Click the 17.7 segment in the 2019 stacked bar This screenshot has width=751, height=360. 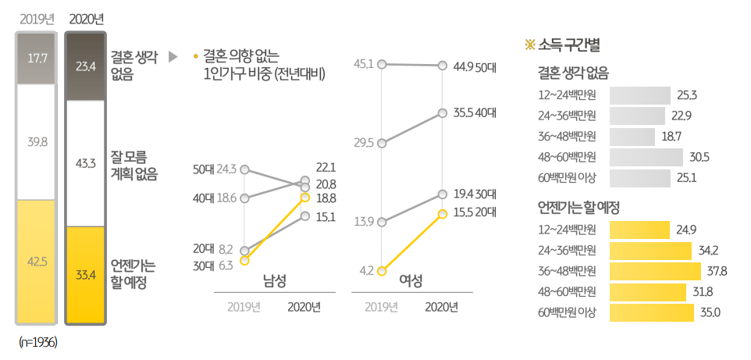click(37, 59)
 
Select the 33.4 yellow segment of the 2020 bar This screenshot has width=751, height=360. click(85, 274)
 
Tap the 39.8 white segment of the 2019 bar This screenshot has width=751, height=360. click(37, 141)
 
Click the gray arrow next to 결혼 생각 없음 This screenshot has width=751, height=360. click(173, 58)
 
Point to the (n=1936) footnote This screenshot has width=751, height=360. click(38, 342)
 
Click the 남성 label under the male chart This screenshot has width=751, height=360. click(274, 280)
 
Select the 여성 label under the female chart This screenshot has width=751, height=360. click(411, 280)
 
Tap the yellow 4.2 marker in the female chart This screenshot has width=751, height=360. click(382, 271)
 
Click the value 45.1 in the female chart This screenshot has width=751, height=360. click(364, 64)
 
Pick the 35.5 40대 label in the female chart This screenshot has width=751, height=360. click(475, 112)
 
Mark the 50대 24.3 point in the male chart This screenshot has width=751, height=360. click(245, 169)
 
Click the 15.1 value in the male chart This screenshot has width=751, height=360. click(326, 216)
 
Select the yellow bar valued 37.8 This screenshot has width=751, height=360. click(654, 271)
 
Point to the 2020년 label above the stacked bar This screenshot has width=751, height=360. click(86, 19)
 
